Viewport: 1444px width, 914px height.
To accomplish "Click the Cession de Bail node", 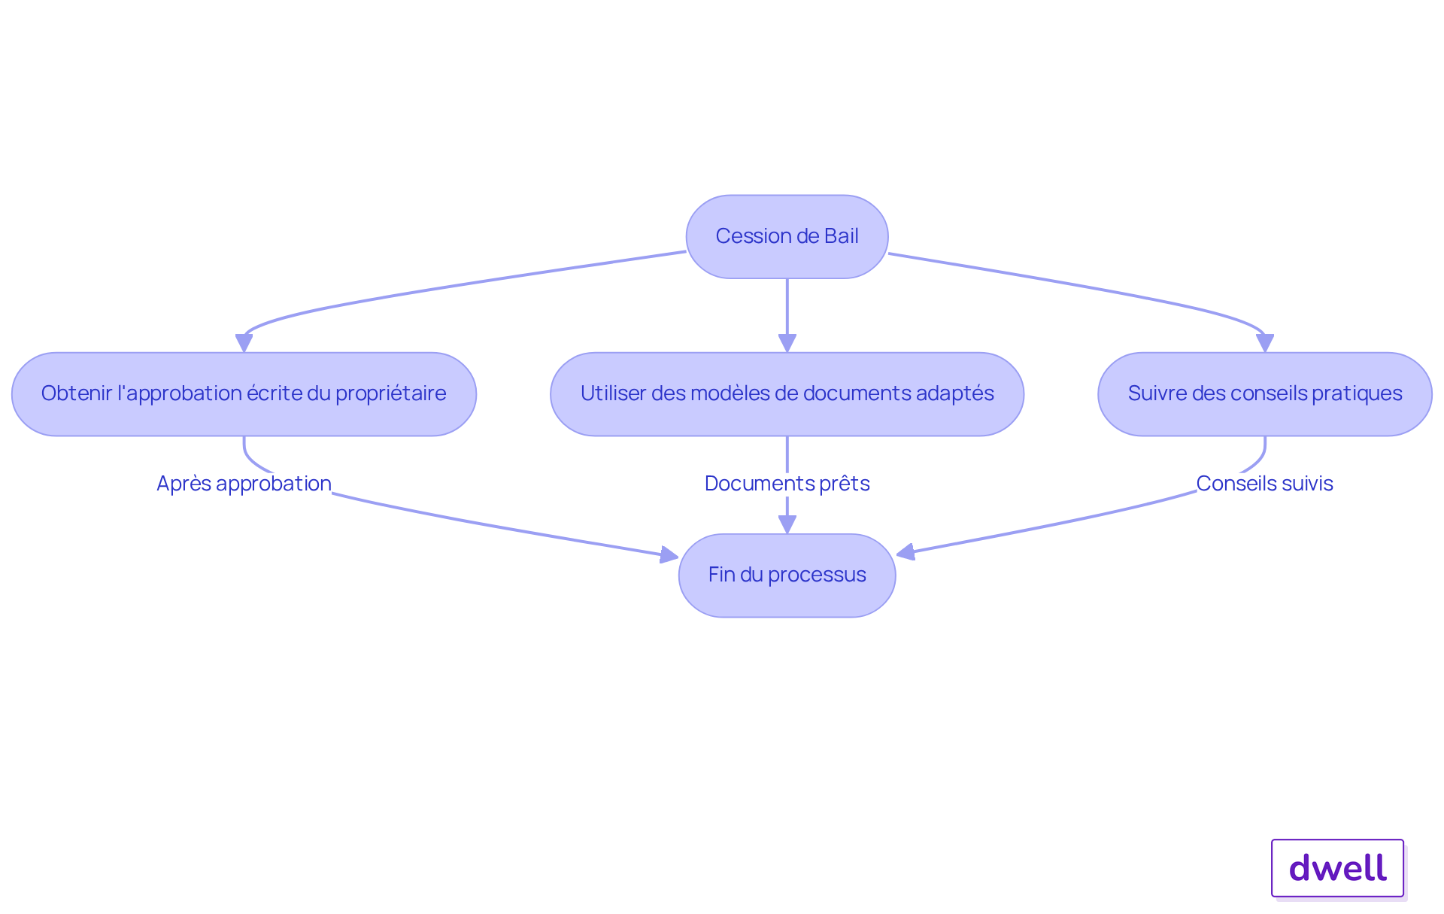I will (787, 237).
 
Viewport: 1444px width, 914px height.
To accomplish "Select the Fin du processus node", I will (787, 575).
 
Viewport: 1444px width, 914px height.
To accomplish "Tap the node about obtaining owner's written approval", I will (244, 394).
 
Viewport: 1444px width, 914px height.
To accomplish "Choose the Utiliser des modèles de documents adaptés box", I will (787, 394).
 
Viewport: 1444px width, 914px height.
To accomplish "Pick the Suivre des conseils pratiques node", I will (1264, 394).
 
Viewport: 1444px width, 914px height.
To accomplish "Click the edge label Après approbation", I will (244, 484).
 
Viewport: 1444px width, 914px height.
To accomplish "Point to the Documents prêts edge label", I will (787, 484).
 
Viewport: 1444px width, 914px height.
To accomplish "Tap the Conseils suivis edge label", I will (1264, 484).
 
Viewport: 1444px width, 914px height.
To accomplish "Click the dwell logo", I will (1337, 868).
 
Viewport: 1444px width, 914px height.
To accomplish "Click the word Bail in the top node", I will (841, 236).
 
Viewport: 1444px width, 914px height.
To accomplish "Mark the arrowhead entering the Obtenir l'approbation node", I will (244, 343).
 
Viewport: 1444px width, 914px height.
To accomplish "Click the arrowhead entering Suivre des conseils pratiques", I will (1265, 343).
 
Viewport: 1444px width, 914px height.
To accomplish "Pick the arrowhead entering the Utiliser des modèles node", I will (787, 343).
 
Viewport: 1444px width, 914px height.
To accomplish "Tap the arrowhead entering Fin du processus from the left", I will (669, 555).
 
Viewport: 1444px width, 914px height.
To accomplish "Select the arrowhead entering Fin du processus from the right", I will (906, 553).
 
